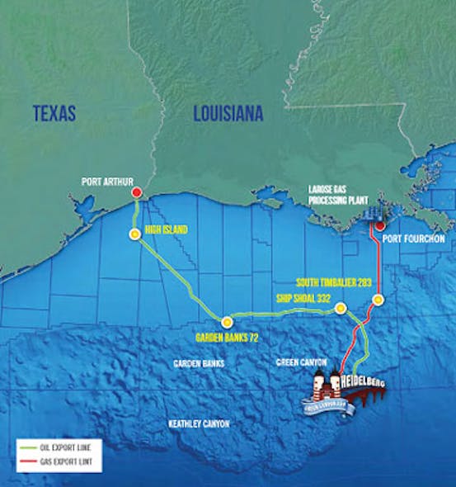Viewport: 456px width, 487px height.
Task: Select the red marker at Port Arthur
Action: click(x=136, y=192)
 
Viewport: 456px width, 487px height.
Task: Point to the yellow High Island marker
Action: click(x=134, y=234)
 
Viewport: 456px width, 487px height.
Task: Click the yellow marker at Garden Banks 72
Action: click(x=226, y=321)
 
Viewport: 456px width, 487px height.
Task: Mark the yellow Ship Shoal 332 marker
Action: click(x=340, y=309)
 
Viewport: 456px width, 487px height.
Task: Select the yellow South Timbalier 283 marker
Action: click(x=378, y=300)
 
